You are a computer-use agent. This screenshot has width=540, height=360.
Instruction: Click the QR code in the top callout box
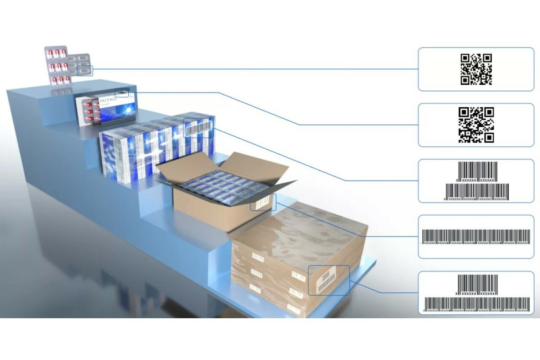click(476, 69)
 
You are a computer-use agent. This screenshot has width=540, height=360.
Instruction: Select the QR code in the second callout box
click(476, 125)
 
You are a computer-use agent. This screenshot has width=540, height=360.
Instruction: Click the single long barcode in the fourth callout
click(476, 237)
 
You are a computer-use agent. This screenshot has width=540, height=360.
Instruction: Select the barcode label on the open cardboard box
click(263, 203)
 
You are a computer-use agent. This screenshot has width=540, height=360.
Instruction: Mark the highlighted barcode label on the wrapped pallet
click(329, 280)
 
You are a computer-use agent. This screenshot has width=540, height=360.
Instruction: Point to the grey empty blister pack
click(80, 64)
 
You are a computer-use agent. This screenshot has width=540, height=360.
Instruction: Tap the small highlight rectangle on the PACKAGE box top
click(122, 93)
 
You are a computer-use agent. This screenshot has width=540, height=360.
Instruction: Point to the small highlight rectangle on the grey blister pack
click(85, 70)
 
